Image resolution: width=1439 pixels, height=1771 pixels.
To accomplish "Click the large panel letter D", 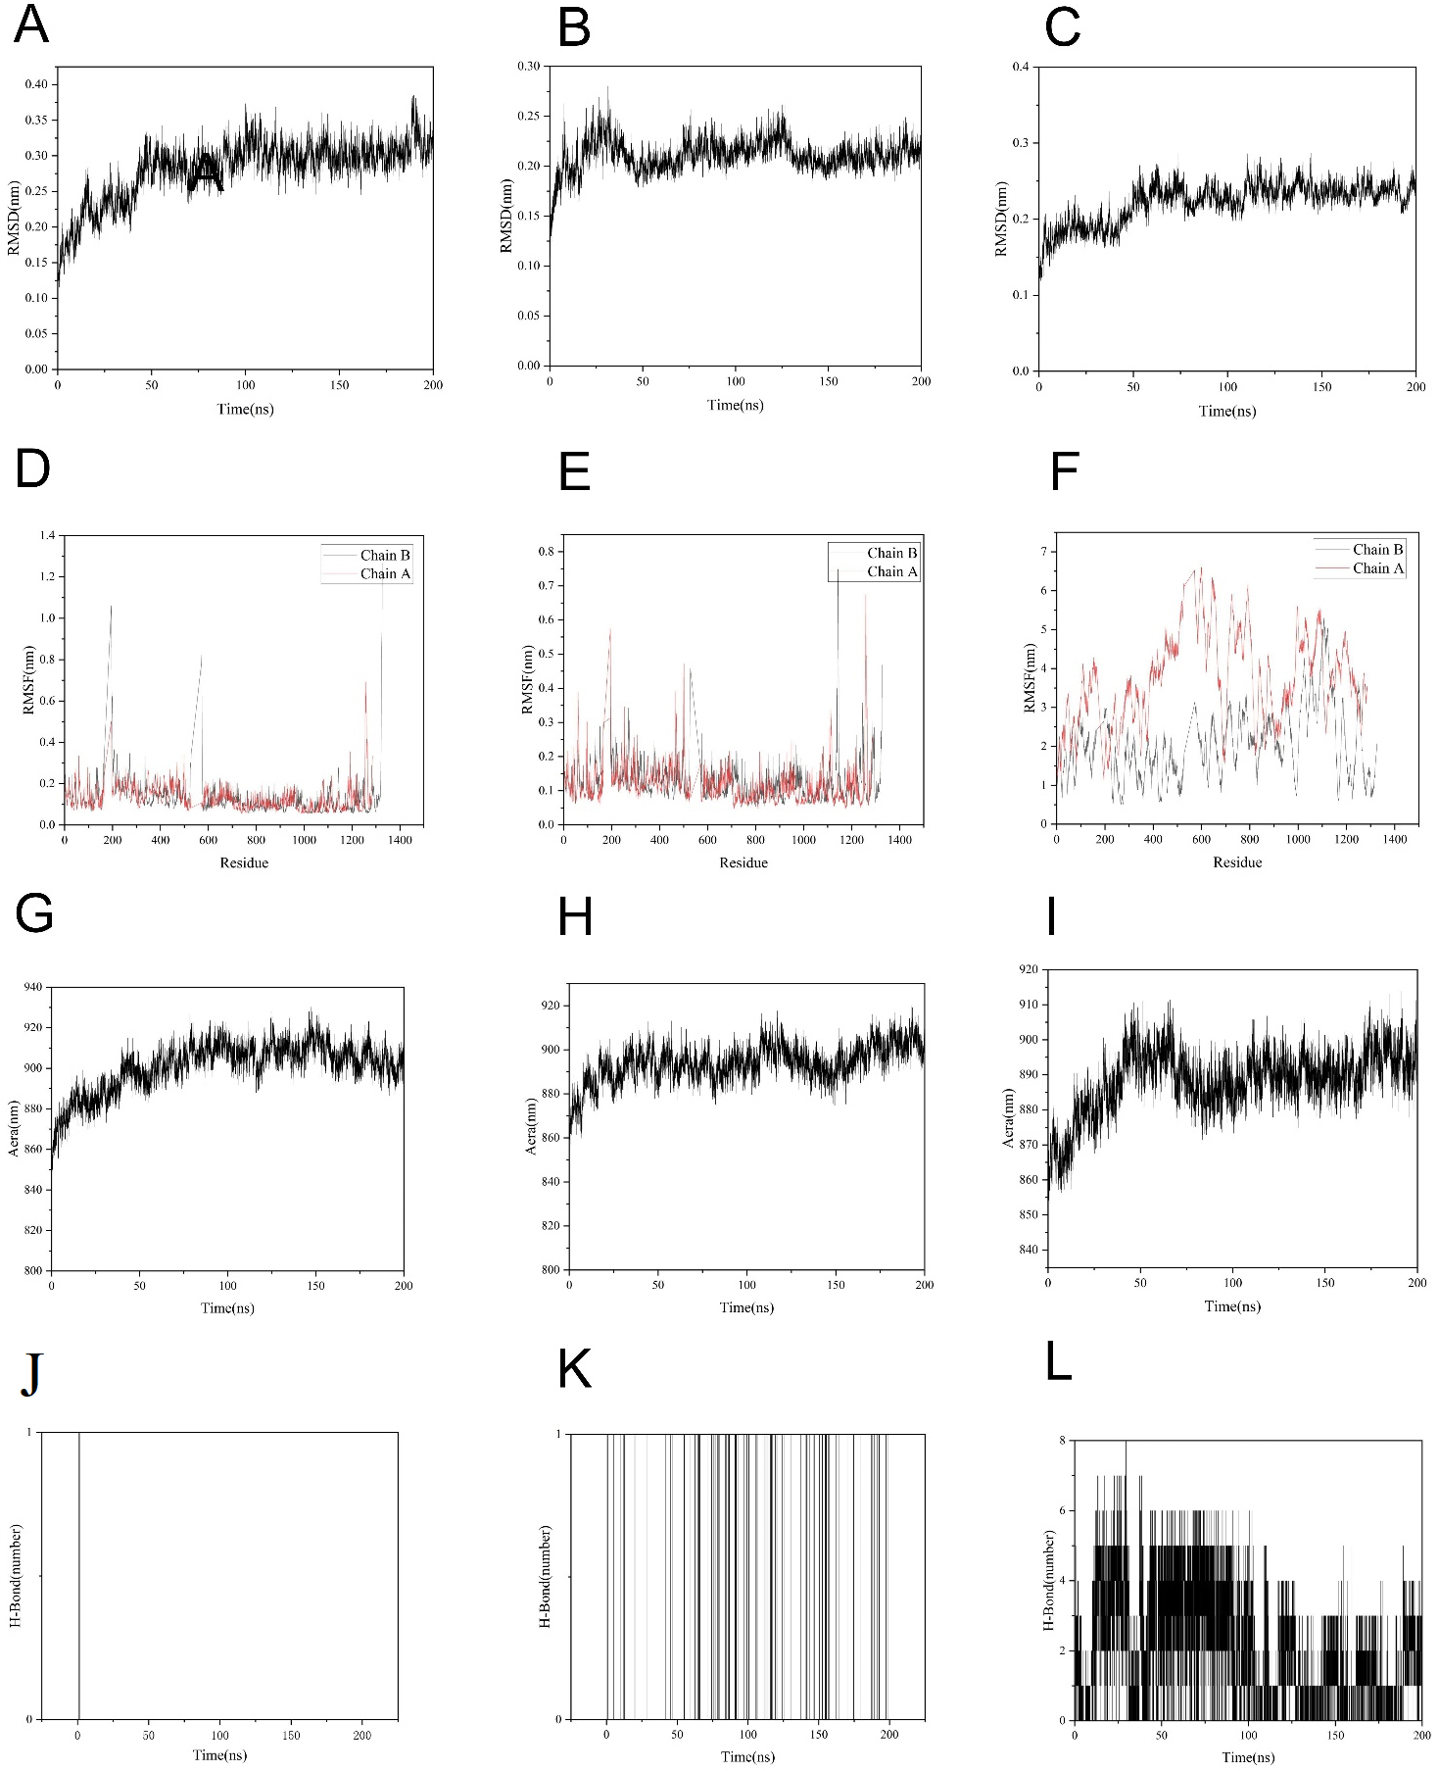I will [32, 468].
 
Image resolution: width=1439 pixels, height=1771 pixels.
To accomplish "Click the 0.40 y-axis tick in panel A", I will [36, 84].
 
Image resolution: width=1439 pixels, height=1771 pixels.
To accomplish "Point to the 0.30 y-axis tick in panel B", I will [528, 66].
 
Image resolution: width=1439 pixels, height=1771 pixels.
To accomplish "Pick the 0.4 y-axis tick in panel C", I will [1020, 67].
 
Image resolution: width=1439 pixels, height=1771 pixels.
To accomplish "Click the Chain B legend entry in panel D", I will [384, 555].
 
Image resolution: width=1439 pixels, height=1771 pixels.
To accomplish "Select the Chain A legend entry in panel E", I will [891, 571].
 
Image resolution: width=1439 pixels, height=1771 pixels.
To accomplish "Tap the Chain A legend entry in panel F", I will [1377, 568].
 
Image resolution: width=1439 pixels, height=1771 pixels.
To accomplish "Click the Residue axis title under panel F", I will [1237, 862].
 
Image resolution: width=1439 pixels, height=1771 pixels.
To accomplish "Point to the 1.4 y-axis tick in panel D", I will [46, 535].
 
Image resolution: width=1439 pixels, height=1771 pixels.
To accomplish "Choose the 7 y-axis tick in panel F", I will [1043, 552].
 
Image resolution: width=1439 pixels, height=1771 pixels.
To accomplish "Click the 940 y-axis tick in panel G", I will [33, 987].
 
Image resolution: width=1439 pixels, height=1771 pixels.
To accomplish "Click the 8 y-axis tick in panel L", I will [1061, 1440].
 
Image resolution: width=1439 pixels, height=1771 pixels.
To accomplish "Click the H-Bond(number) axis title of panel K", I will [546, 1576].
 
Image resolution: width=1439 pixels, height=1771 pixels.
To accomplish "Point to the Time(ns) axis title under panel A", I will [245, 409].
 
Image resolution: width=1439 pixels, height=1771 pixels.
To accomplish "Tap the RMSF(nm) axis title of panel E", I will [528, 679].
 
